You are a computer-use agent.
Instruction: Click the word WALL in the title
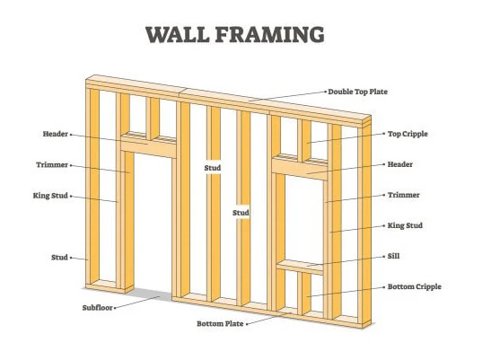(x=178, y=34)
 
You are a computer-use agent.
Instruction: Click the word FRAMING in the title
(x=270, y=34)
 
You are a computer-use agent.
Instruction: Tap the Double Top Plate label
(x=358, y=92)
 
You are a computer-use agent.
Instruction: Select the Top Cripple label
(x=408, y=134)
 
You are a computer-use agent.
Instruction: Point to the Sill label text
(x=393, y=256)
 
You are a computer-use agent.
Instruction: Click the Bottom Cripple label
(x=414, y=286)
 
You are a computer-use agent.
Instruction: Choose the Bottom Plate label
(x=220, y=324)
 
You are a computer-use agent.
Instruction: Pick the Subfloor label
(x=98, y=308)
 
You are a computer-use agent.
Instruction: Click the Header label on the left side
(x=56, y=134)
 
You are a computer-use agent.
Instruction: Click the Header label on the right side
(x=399, y=164)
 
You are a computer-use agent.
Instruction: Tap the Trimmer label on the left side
(x=52, y=165)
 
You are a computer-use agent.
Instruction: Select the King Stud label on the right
(x=405, y=225)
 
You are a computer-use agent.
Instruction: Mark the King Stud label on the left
(x=50, y=196)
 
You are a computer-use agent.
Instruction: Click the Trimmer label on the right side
(x=403, y=195)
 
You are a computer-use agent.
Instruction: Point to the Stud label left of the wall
(x=59, y=258)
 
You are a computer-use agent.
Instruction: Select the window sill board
(x=300, y=268)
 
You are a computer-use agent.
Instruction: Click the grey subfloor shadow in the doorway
(x=150, y=294)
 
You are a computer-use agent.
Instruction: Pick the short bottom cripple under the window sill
(x=305, y=293)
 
